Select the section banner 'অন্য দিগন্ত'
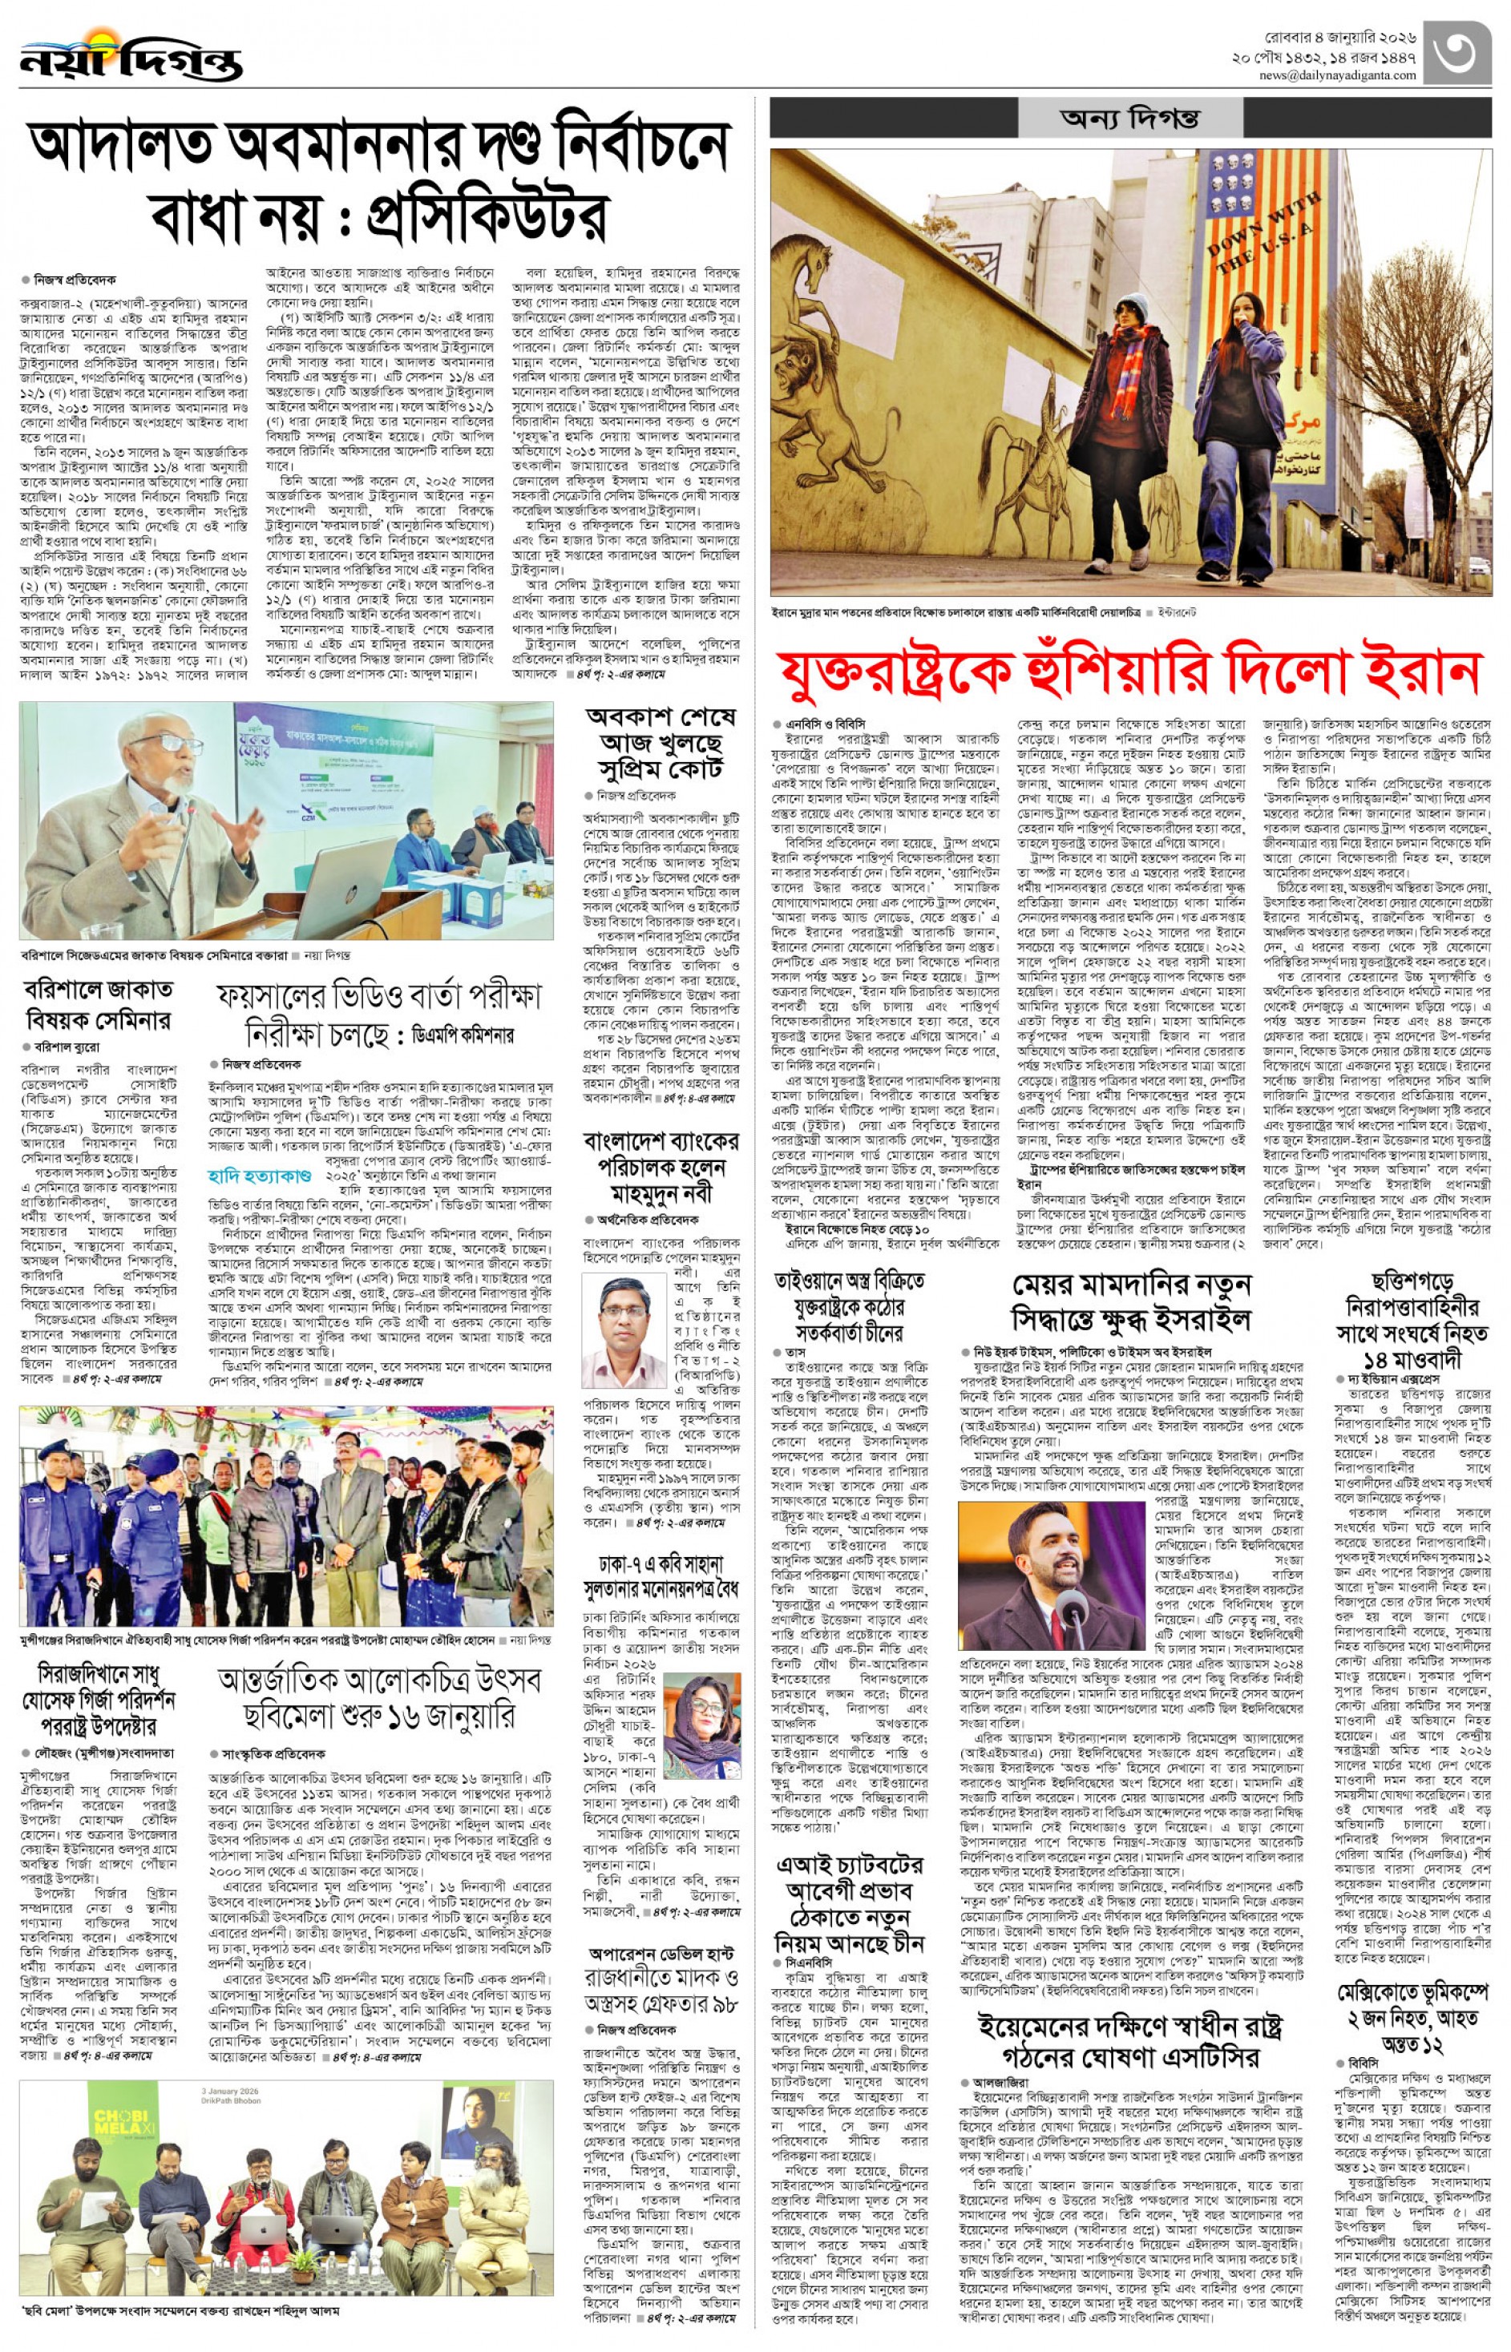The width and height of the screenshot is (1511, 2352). pyautogui.click(x=1129, y=119)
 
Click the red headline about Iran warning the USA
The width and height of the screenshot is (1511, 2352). pyautogui.click(x=1129, y=673)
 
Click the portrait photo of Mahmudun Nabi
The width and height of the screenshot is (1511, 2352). pyautogui.click(x=624, y=1331)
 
